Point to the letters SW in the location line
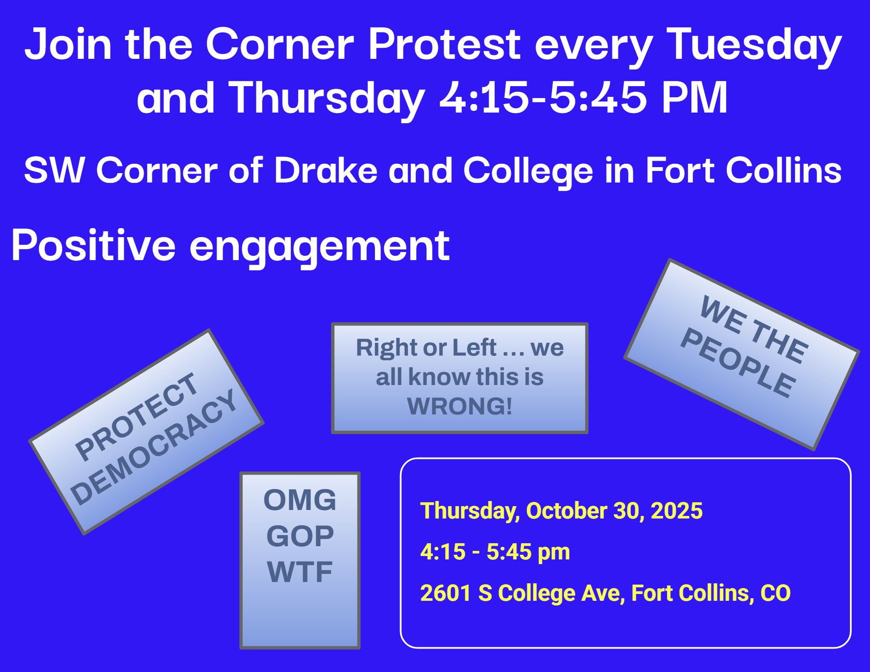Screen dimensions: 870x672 (x=54, y=170)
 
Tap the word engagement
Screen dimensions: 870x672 (x=319, y=248)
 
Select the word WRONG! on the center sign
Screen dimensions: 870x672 (x=460, y=406)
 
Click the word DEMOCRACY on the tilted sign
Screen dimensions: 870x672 (x=154, y=447)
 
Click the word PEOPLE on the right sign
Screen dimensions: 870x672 (x=738, y=362)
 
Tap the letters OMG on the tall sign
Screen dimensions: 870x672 (x=300, y=500)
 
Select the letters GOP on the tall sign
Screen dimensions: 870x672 (x=300, y=536)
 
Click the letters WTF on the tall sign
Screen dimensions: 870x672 (x=300, y=572)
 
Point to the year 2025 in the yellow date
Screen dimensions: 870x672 (x=677, y=511)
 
